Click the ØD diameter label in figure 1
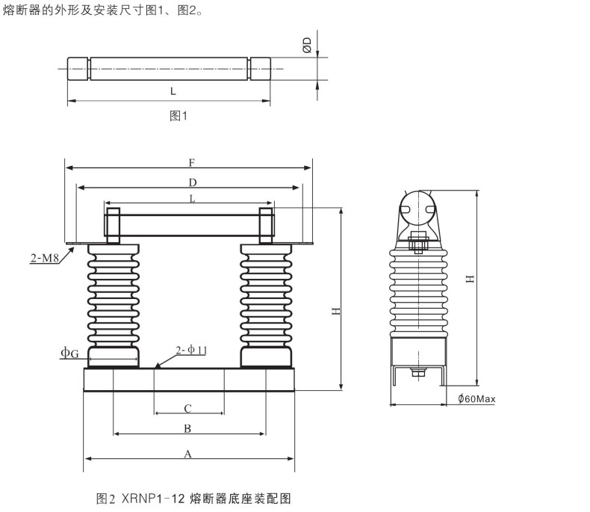tap(308, 45)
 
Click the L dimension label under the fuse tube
tap(173, 91)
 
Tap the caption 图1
tap(178, 116)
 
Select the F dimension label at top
tap(192, 163)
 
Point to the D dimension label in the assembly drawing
tap(193, 182)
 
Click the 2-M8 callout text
tap(45, 258)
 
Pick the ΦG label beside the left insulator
tap(70, 353)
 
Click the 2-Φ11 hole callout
tap(191, 350)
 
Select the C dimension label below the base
tap(188, 408)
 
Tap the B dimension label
tap(187, 428)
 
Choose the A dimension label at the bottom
tap(187, 454)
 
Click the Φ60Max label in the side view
tap(476, 398)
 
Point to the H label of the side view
tap(471, 279)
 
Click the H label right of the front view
tap(336, 311)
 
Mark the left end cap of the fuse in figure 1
tap(78, 69)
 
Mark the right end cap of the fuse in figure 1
tap(261, 69)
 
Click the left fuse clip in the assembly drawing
tap(113, 226)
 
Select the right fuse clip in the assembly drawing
tap(266, 226)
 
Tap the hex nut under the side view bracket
tap(418, 373)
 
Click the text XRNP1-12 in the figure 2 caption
tap(153, 499)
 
